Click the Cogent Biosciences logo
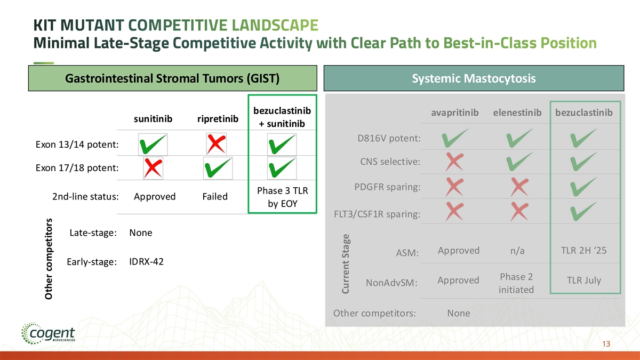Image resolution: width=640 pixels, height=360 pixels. pos(48,333)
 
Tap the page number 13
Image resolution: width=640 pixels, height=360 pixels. pos(606,343)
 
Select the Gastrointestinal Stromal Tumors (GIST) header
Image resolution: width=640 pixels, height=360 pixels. pos(173,78)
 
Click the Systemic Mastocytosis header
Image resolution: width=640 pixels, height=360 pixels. pos(474,78)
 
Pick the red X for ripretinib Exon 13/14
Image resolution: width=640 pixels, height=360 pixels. pos(217,143)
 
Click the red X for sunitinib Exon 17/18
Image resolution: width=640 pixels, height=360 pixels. pos(153,168)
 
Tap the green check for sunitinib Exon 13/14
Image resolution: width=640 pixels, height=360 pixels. pos(153,145)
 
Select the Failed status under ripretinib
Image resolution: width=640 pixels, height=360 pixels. pos(215,197)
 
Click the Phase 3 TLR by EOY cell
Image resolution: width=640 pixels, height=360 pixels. pos(283,197)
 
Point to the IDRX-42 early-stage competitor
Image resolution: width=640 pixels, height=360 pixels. pos(146,261)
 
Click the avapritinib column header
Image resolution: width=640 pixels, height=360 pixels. pos(454,113)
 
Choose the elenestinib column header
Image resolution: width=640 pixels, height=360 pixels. pos(517,113)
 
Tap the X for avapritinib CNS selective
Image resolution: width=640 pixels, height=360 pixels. pos(454,162)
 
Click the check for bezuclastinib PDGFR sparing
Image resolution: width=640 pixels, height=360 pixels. pos(583,187)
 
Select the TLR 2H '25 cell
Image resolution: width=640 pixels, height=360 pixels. pos(583,250)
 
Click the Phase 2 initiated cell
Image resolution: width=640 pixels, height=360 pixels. pos(516,283)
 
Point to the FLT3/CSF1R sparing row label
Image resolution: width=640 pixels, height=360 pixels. pos(377,214)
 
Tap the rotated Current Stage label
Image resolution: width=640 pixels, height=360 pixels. pos(346,264)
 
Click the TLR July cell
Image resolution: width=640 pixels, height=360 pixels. pos(583,281)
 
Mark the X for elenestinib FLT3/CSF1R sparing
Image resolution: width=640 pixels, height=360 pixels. pos(519,211)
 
